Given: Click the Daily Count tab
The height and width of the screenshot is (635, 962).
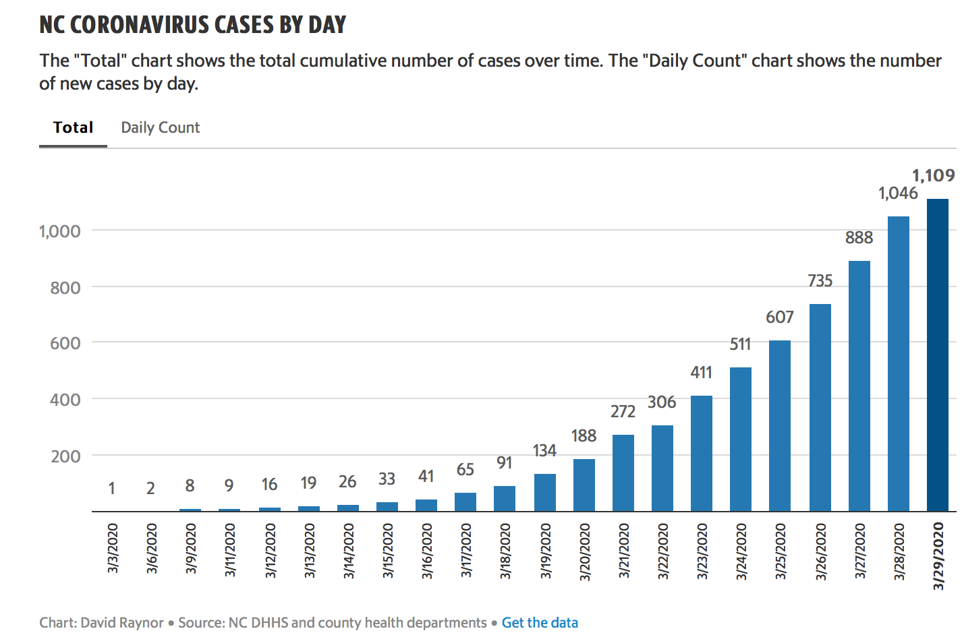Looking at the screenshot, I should point(160,127).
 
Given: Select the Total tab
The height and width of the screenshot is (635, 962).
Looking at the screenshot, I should point(73,127).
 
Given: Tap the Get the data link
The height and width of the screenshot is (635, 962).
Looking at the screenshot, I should point(540,622).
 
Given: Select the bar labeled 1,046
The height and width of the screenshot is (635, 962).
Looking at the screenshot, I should point(898,363).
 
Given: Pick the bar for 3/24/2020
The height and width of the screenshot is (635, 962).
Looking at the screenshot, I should point(740,439).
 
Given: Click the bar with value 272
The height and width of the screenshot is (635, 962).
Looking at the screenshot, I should point(623,473).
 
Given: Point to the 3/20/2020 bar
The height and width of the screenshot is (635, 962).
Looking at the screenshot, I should point(584,485).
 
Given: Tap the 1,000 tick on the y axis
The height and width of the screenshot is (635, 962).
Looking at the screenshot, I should point(59,231).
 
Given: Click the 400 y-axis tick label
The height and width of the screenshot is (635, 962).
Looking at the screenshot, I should point(65,400).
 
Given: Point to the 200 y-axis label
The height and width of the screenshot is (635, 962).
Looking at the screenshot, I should point(65,456).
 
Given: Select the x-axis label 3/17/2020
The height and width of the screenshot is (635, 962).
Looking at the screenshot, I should point(465,550).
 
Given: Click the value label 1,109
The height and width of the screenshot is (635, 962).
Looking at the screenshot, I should point(933,175).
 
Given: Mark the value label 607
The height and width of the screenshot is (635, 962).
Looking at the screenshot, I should point(779,317).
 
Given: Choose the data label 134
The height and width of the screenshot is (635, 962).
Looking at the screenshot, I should point(544,450).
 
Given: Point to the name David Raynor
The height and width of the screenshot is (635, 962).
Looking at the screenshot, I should point(122,622).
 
